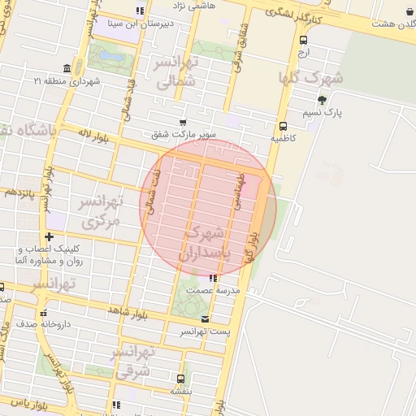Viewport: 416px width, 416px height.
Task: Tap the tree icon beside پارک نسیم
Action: point(323,100)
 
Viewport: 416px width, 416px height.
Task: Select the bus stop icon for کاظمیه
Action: point(283,126)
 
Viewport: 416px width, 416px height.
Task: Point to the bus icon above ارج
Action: point(303,40)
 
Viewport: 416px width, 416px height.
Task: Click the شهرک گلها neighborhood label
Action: point(310,79)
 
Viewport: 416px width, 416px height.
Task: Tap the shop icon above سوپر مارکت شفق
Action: point(182,122)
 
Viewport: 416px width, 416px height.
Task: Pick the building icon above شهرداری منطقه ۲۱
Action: point(66,68)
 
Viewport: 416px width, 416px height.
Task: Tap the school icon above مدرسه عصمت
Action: point(213,279)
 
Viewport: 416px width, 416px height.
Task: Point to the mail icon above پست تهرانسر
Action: point(204,319)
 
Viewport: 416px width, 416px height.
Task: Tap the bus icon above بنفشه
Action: point(180,378)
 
